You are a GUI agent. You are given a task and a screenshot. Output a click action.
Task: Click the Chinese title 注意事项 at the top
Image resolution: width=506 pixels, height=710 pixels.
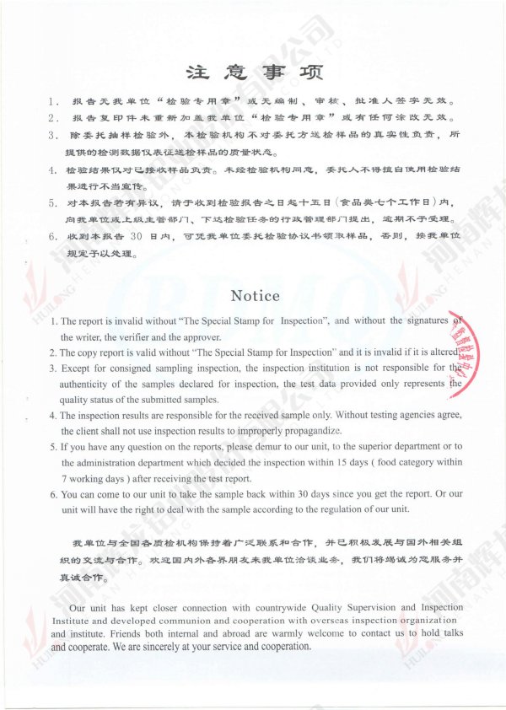(253, 71)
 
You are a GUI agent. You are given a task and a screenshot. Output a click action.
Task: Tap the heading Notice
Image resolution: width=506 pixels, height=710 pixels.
(255, 295)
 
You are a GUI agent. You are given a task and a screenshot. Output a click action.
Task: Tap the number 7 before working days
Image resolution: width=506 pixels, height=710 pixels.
(64, 478)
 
